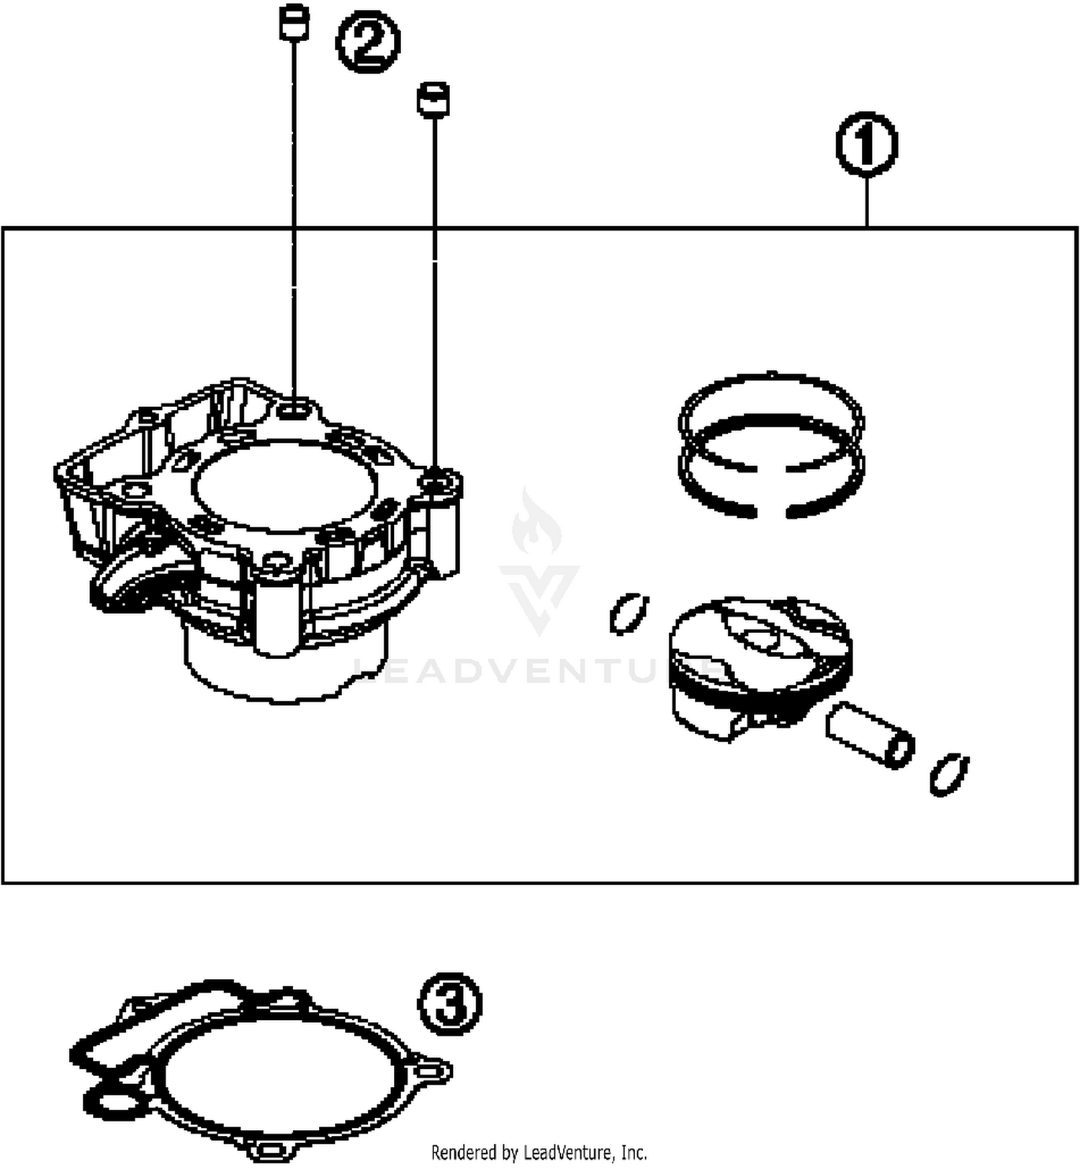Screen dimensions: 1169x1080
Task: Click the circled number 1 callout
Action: click(x=866, y=144)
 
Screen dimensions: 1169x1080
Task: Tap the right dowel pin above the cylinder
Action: click(x=433, y=99)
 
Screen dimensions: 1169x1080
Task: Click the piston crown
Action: click(x=760, y=634)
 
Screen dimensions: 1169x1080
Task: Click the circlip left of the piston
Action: click(x=629, y=614)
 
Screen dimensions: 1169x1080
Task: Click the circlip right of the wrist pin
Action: click(x=949, y=774)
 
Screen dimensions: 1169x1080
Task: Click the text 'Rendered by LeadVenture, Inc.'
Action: click(x=539, y=1152)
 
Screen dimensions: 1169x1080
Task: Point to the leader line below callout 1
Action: click(x=867, y=202)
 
